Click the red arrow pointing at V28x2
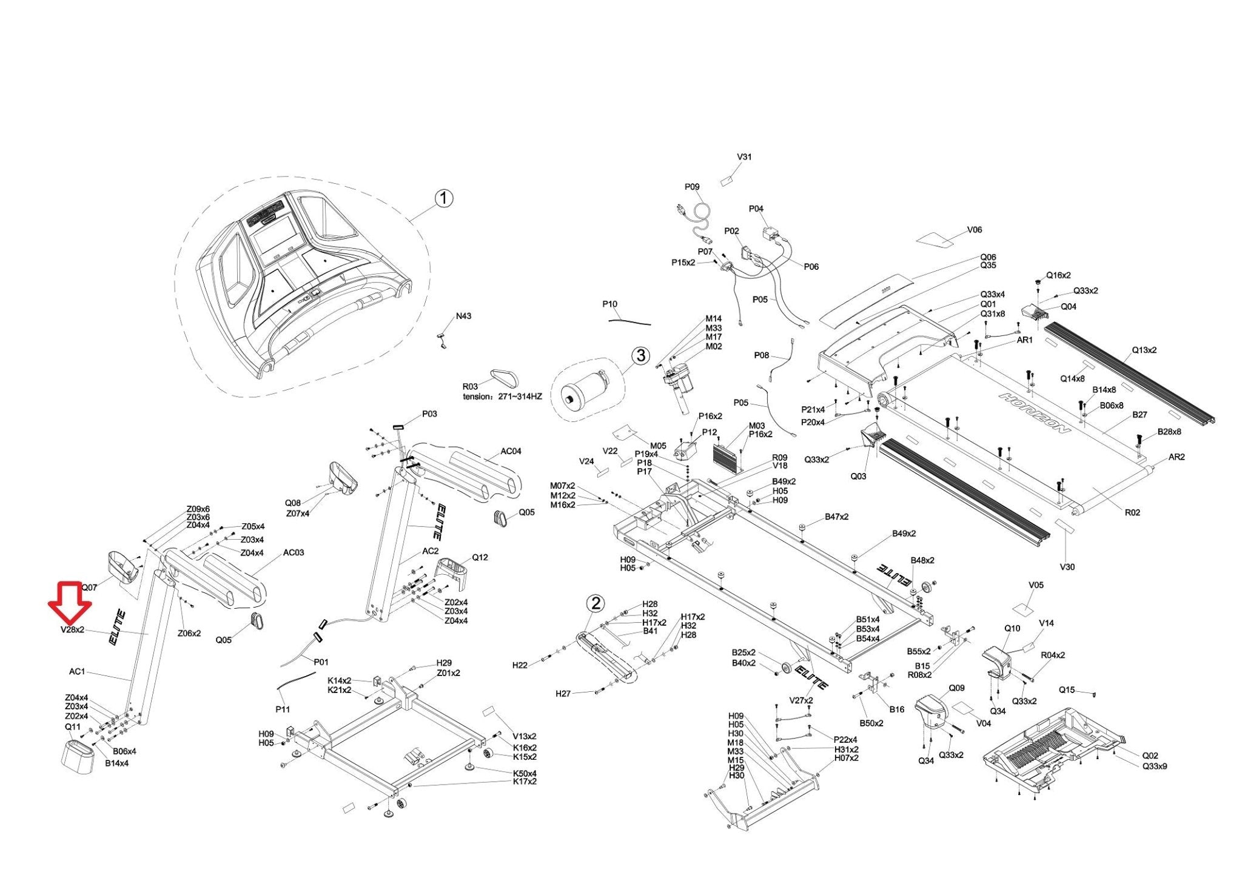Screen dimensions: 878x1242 pos(70,602)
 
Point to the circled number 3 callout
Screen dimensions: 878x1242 pos(641,355)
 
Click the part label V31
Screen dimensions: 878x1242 pos(744,157)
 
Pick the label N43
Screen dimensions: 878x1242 pos(463,316)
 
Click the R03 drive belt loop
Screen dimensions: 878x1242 pos(505,378)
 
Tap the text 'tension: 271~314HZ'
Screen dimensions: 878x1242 pos(502,397)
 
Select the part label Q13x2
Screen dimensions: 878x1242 pos(1144,350)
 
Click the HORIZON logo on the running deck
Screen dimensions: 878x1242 pos(1034,412)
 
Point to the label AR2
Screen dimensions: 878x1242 pos(1176,457)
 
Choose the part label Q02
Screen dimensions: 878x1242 pos(1150,756)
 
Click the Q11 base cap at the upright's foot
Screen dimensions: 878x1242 pos(79,755)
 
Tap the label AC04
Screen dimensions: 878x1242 pos(511,451)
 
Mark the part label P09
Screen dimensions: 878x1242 pos(692,187)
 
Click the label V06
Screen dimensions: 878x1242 pos(974,230)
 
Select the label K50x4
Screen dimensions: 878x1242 pos(525,773)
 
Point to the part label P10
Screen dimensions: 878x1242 pos(609,304)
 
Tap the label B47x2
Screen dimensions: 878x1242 pos(836,517)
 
